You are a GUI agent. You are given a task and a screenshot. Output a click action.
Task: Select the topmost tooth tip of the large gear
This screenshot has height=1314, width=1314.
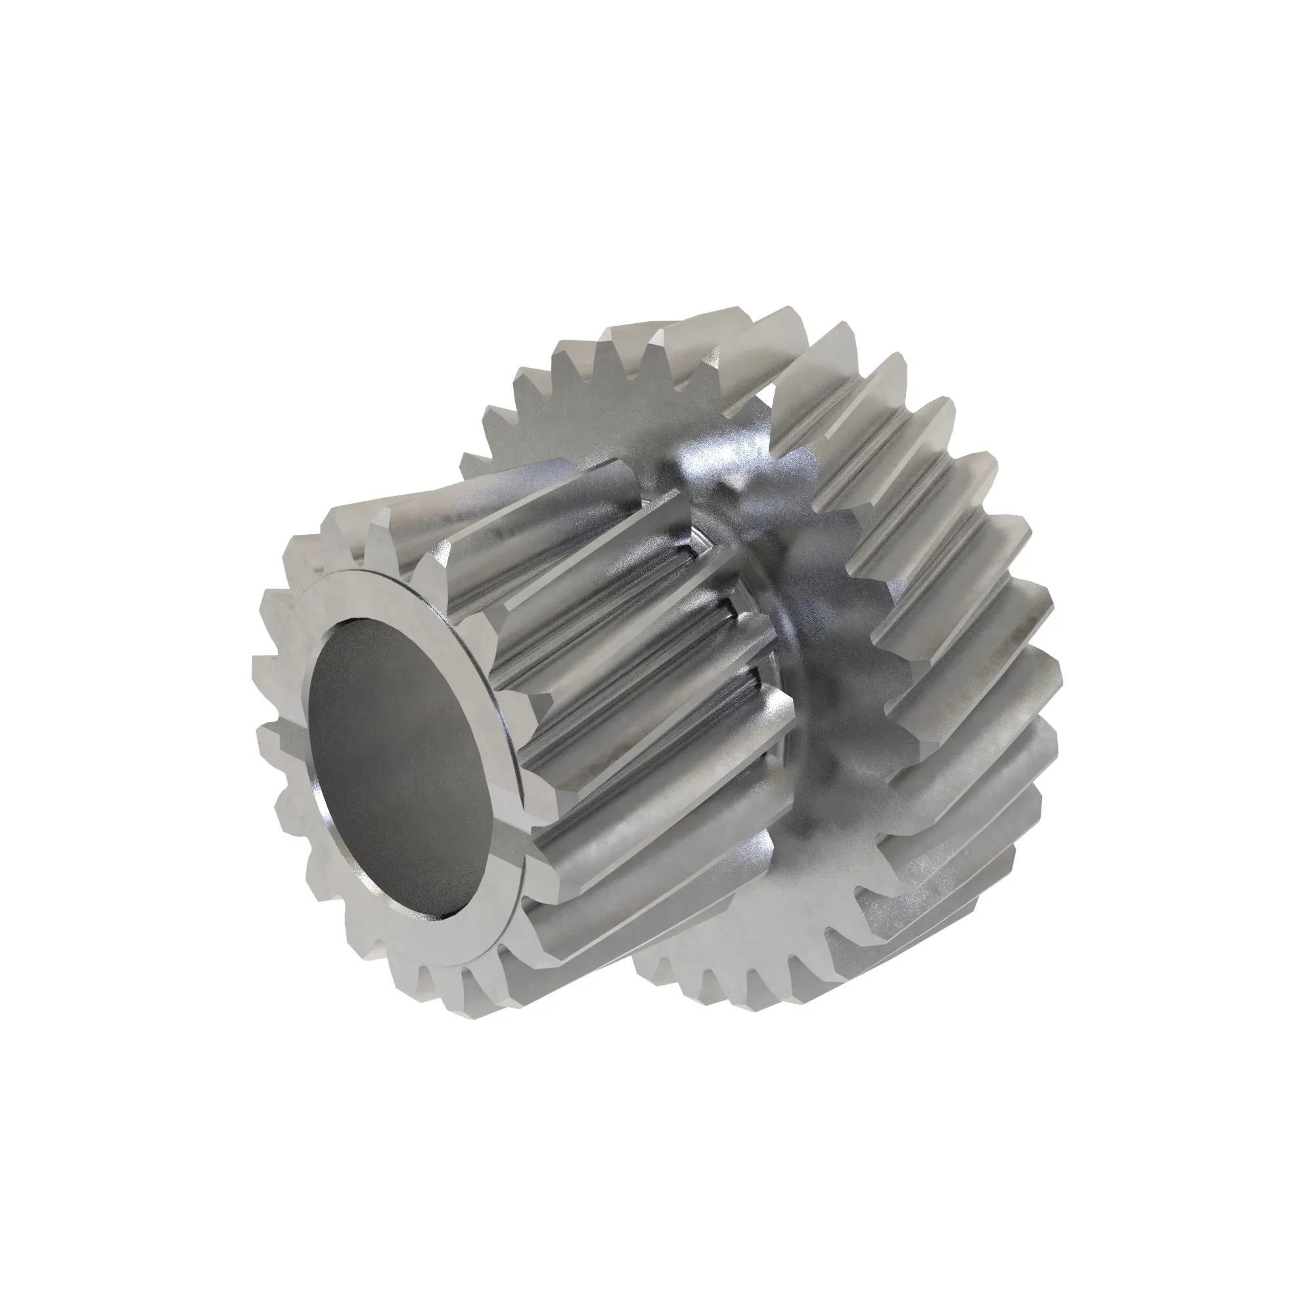(769, 320)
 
